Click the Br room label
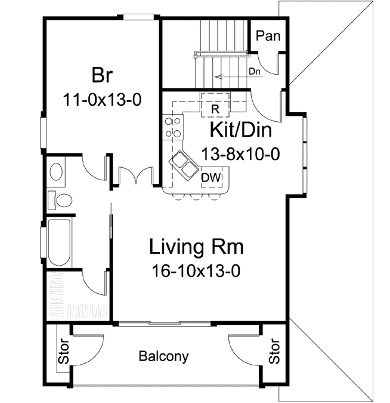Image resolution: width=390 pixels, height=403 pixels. tap(103, 76)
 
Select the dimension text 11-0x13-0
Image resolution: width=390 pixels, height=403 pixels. tap(102, 99)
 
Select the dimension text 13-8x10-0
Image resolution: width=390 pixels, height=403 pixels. tap(240, 155)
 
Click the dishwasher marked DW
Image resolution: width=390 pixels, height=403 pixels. tap(209, 177)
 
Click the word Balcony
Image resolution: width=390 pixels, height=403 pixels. tap(163, 357)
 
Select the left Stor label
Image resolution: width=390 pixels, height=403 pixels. tap(62, 352)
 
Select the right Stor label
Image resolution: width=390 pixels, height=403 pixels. tap(274, 352)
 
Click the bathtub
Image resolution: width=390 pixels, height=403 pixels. tap(59, 244)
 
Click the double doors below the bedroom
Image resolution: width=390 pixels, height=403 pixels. tap(134, 176)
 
